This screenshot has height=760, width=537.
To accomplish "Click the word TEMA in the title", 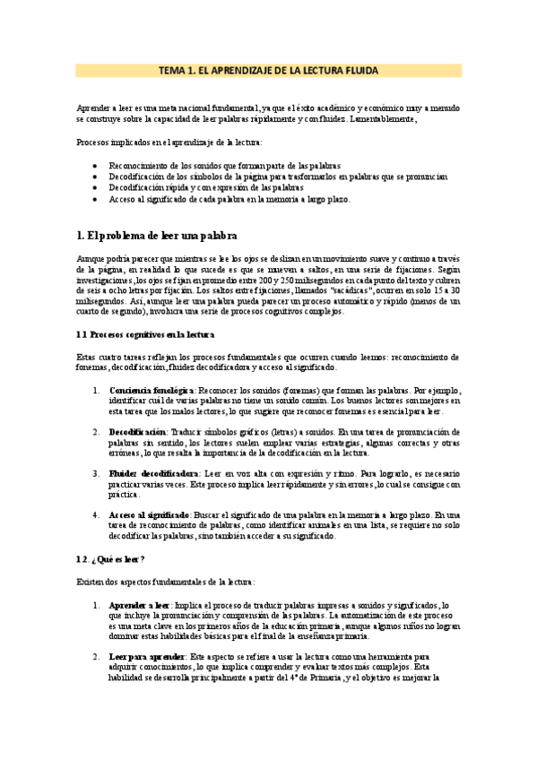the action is click(173, 70).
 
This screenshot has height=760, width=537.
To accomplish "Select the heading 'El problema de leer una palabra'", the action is click(157, 236).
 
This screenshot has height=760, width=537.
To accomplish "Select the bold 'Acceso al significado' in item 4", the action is click(149, 515).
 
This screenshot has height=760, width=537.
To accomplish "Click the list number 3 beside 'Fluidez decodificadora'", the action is click(96, 473).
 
